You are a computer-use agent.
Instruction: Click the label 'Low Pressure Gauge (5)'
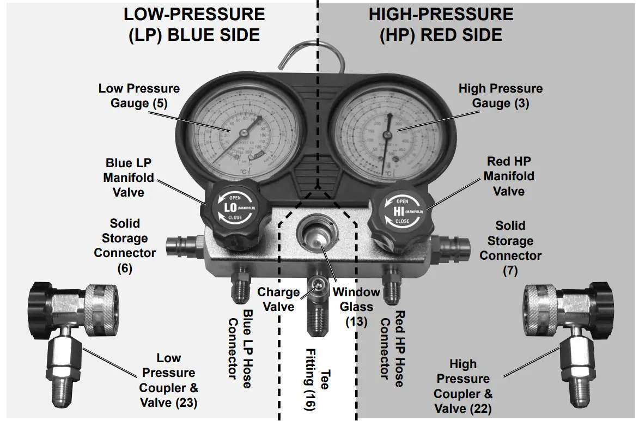[x=138, y=95]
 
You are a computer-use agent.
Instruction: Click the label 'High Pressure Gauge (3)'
[x=500, y=95]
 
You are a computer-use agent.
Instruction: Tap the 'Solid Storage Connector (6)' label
[x=125, y=246]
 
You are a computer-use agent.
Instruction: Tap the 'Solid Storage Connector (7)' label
[x=510, y=248]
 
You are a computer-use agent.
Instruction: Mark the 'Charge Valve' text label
[x=278, y=300]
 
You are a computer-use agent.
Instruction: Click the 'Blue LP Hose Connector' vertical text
[x=240, y=349]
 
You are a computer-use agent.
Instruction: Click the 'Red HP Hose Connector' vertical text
[x=392, y=349]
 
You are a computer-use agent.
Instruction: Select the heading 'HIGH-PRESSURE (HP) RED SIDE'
[x=441, y=25]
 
